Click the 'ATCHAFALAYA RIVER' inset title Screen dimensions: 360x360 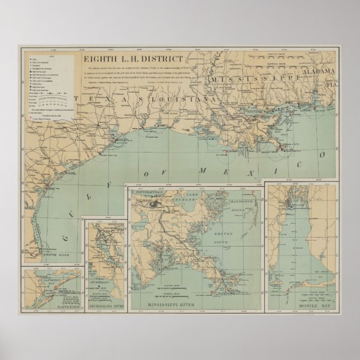coord(104,307)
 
